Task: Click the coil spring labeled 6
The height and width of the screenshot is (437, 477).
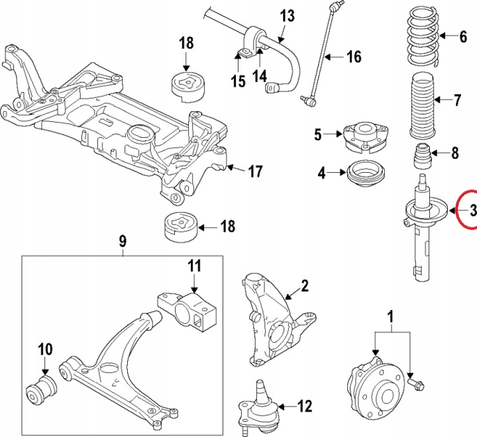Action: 424,36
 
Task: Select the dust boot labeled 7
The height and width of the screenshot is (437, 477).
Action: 423,107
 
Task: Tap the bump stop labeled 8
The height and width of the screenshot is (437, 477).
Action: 423,156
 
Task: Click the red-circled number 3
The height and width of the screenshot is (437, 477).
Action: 472,210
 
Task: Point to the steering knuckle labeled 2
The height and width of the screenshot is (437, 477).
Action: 273,319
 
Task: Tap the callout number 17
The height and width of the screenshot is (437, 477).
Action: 255,171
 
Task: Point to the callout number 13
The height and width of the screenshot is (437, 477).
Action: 288,16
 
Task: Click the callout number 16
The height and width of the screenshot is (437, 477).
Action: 354,56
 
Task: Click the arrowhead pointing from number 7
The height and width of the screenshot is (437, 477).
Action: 437,99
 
